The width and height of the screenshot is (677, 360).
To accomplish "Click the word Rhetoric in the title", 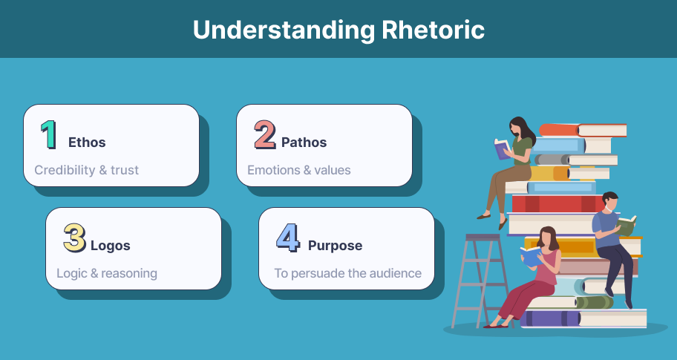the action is (x=433, y=30).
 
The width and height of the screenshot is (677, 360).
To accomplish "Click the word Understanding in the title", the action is (x=284, y=30).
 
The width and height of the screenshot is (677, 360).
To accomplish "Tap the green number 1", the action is (x=49, y=134).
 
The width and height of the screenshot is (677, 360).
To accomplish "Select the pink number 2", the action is (x=265, y=134).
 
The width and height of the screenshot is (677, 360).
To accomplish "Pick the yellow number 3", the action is (x=74, y=238).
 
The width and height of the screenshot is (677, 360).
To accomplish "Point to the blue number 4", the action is (x=288, y=238).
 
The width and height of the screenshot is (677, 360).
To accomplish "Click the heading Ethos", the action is (x=87, y=143).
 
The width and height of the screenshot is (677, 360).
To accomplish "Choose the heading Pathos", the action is (x=304, y=143).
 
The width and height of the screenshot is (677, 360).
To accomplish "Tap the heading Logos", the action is (x=110, y=246).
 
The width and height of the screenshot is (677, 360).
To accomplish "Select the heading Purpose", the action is (x=335, y=246).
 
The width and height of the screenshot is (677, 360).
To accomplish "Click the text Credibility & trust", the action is (x=87, y=170).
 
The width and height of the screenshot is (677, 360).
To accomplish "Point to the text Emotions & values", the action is (x=298, y=170).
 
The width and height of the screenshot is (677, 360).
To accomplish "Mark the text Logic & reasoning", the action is (x=107, y=274).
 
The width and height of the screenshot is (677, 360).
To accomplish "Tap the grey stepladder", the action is (x=480, y=281).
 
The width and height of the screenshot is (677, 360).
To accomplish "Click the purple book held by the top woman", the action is (x=503, y=149).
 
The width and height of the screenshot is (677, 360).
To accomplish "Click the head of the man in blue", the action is (x=609, y=201).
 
